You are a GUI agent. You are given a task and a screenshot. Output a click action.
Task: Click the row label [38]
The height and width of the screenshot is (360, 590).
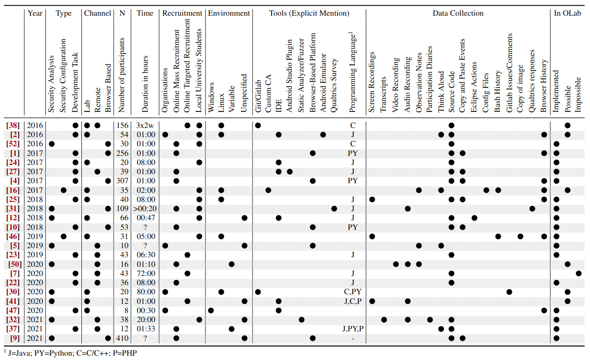(13, 125)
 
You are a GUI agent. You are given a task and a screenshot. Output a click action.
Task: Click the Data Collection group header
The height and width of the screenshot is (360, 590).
(458, 13)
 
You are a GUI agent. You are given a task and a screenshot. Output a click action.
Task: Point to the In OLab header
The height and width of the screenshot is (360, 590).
(567, 13)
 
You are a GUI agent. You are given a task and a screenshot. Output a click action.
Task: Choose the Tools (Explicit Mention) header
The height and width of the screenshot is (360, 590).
(309, 13)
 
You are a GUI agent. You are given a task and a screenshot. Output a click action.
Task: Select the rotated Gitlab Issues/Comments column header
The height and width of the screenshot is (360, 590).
(509, 73)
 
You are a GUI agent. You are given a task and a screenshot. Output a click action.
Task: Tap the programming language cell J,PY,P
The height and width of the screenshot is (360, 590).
(353, 329)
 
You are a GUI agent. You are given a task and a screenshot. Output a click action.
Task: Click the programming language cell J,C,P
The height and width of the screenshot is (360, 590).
(353, 301)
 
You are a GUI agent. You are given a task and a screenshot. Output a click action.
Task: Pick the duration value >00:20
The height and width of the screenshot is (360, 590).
(145, 209)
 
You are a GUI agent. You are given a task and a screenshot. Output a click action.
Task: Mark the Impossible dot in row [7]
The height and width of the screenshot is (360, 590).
(578, 273)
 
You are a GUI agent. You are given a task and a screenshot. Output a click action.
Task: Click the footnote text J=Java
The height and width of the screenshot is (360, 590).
(22, 353)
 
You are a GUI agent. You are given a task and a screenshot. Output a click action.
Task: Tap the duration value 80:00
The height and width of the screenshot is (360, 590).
(145, 292)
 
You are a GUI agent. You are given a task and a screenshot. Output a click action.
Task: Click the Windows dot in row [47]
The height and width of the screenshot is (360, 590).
(211, 310)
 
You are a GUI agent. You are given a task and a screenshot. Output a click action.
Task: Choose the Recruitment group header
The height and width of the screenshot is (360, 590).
(182, 13)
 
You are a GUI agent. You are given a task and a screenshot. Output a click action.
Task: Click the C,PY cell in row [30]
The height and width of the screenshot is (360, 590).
(353, 292)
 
